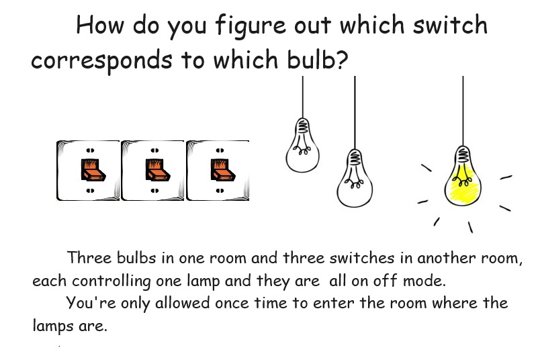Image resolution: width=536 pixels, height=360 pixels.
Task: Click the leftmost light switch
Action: (x=88, y=171)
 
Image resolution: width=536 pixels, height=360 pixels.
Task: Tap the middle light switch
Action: (x=152, y=171)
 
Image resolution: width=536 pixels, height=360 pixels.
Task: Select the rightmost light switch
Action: (x=217, y=171)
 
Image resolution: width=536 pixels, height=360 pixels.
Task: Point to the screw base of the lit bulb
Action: (x=463, y=154)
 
